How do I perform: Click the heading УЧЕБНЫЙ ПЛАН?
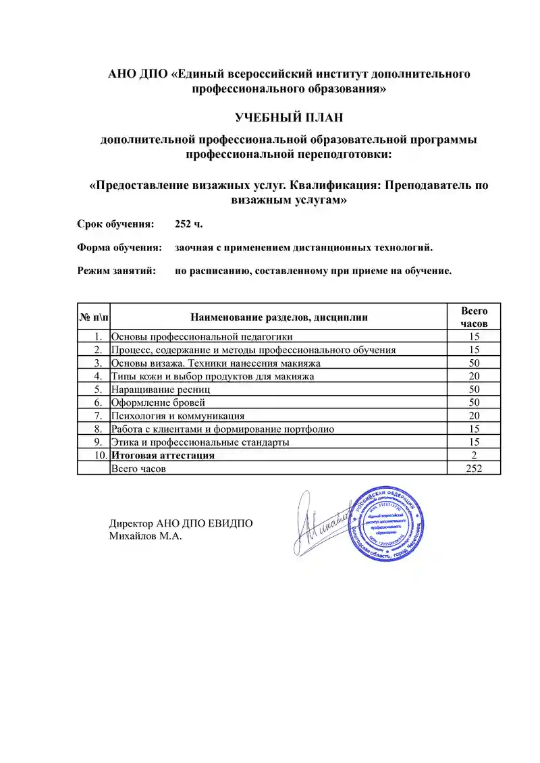[x=289, y=117]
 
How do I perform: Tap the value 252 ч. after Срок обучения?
[x=188, y=223]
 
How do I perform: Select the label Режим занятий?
[x=117, y=271]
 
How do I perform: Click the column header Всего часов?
[x=474, y=317]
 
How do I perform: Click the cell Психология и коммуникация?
[x=178, y=416]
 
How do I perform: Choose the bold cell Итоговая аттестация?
[x=163, y=455]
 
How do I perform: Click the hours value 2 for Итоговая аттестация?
[x=474, y=455]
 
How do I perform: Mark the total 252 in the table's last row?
[x=474, y=469]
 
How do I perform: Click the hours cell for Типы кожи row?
[x=474, y=376]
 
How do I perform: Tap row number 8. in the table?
[x=99, y=429]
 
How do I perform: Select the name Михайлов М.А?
[x=146, y=536]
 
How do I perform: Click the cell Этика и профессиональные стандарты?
[x=200, y=442]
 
